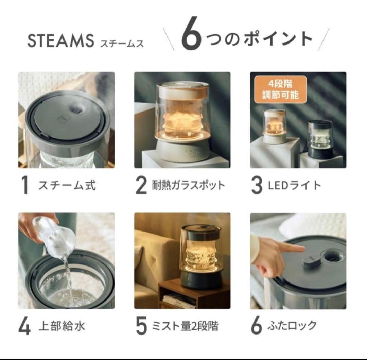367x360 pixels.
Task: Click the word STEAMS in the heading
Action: pos(60,41)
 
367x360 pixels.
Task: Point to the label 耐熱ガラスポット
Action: pos(188,186)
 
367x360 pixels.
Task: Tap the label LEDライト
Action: pos(294,186)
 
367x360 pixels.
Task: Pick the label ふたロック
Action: pos(292,326)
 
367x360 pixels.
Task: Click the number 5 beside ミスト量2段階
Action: pos(141,326)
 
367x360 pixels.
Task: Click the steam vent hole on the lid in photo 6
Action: pos(332,257)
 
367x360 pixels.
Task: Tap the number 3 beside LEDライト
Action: pos(257,186)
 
